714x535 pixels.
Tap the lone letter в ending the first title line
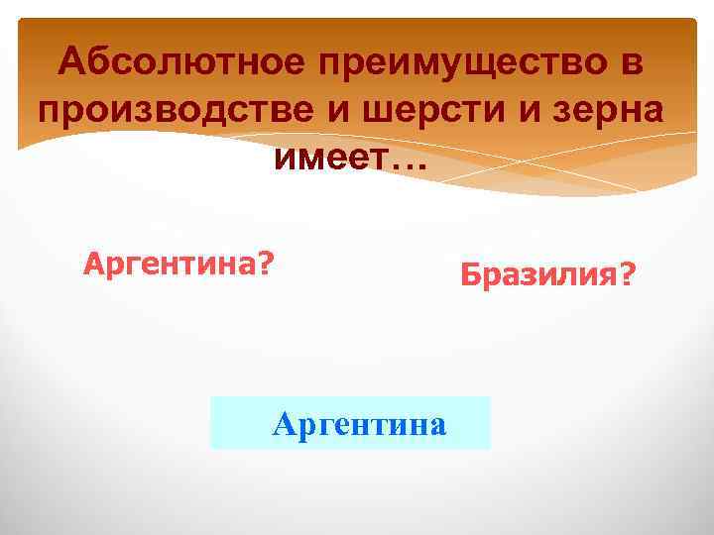coord(634,63)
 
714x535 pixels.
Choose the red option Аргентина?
coord(179,265)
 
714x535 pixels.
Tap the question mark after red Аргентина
coord(267,265)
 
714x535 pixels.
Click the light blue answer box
coord(350,423)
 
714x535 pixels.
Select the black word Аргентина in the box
coord(359,425)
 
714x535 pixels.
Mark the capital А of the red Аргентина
coord(93,265)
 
